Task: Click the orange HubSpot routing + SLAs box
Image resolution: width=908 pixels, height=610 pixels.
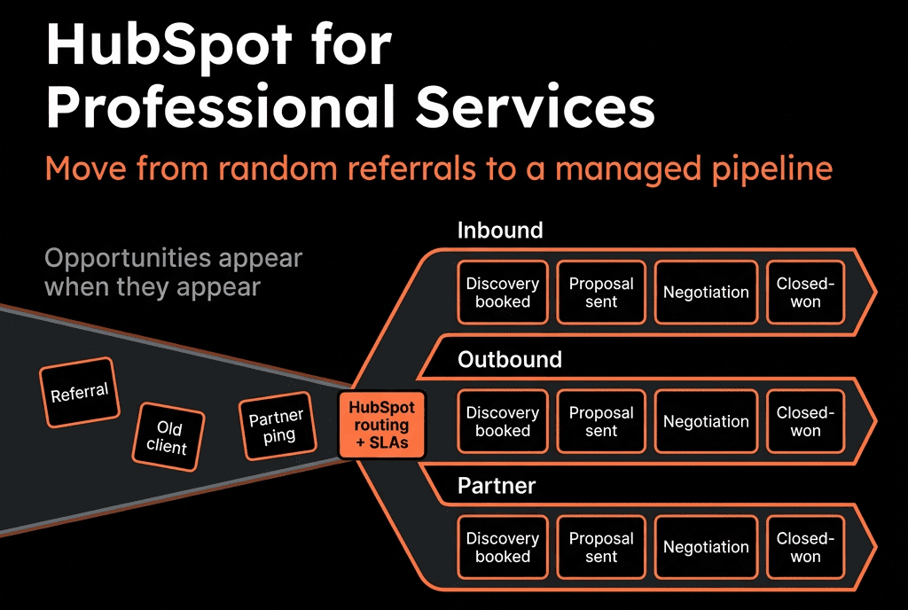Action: pyautogui.click(x=381, y=425)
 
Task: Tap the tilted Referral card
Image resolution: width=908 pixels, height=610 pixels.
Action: pyautogui.click(x=80, y=393)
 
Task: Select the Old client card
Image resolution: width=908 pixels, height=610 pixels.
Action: pyautogui.click(x=168, y=437)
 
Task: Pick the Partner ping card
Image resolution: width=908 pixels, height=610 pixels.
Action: pyautogui.click(x=278, y=426)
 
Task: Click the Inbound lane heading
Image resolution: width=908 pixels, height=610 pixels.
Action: pyautogui.click(x=500, y=231)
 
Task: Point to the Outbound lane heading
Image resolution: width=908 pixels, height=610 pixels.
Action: pyautogui.click(x=510, y=359)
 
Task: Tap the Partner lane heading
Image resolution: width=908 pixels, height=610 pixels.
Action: pyautogui.click(x=497, y=486)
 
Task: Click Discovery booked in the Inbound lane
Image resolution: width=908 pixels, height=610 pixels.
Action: pyautogui.click(x=503, y=293)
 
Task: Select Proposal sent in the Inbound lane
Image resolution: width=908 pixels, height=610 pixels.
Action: pyautogui.click(x=601, y=293)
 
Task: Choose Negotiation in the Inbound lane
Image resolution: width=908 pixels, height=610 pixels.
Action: pyautogui.click(x=706, y=293)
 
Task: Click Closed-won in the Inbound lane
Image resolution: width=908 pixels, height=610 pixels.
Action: pyautogui.click(x=805, y=293)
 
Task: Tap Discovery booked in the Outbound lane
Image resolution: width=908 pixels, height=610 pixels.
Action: pyautogui.click(x=503, y=421)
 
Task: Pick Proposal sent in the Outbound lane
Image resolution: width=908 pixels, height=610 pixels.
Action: pyautogui.click(x=601, y=421)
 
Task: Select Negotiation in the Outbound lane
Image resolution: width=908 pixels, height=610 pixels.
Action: pyautogui.click(x=706, y=421)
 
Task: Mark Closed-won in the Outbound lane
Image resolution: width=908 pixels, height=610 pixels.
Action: pyautogui.click(x=805, y=421)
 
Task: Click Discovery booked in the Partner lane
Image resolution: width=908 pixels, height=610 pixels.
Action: pyautogui.click(x=503, y=548)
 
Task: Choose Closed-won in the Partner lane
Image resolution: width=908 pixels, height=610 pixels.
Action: pyautogui.click(x=805, y=548)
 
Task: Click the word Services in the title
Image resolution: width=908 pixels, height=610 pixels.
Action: pyautogui.click(x=536, y=106)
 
